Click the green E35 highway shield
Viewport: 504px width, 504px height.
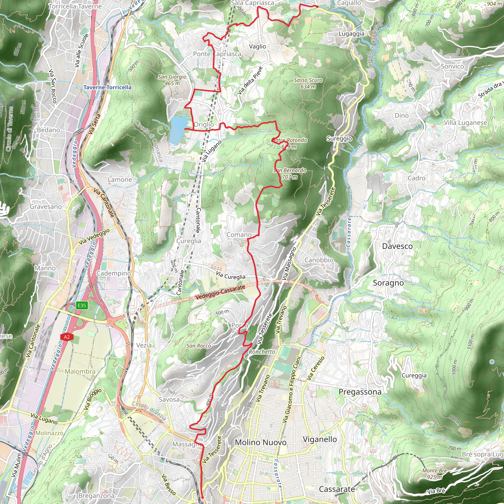81,305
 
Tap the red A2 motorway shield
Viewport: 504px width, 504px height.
66,337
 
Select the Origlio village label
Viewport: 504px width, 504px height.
204,125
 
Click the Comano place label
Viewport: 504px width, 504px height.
239,235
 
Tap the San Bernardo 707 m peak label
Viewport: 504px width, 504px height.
290,173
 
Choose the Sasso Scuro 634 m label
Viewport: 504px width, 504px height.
308,83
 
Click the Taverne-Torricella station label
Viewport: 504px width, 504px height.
108,87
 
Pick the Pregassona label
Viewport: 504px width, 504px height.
360,392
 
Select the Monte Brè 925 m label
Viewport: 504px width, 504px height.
435,474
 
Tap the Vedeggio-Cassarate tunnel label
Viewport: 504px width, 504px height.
220,292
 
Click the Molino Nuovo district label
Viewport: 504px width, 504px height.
261,442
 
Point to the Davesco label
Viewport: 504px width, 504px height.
397,246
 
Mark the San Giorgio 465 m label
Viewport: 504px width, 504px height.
172,80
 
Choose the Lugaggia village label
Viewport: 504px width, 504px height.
351,34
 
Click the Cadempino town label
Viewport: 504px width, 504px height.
113,273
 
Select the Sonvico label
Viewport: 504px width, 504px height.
452,66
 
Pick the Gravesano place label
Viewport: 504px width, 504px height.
46,207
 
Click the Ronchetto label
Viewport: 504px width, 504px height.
262,352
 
